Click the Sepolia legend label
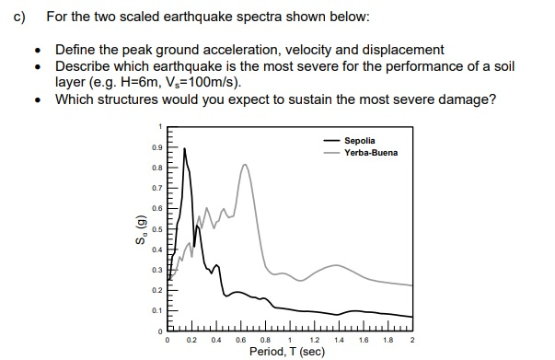360,140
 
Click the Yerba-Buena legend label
371,152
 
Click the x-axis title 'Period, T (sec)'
288,352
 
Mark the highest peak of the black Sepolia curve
184,148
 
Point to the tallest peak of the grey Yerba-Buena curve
245,165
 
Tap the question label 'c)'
16,17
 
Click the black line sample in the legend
330,140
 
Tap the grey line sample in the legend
330,152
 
